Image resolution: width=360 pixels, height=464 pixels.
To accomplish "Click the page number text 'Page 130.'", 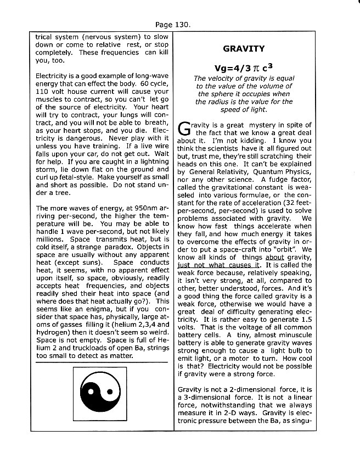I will tap(173, 25).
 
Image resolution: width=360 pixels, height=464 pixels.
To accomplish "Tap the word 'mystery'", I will tap(255, 125).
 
